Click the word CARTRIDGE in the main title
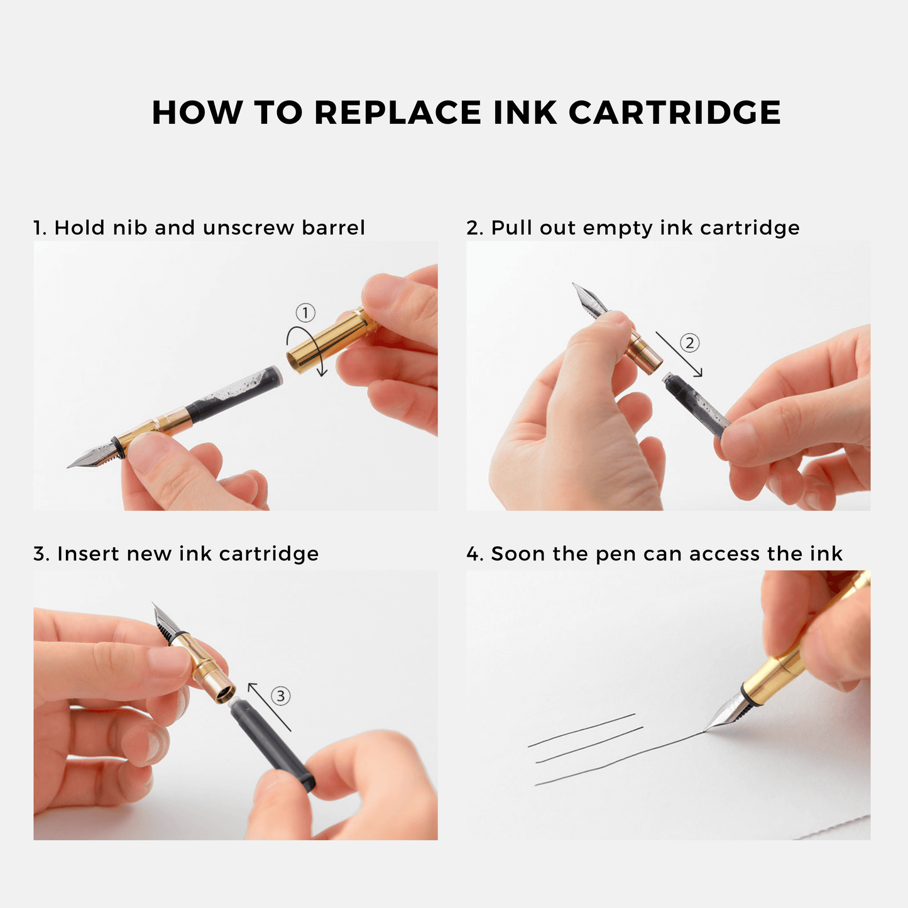coord(674,112)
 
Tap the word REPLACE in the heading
coord(398,112)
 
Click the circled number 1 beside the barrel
coord(305,313)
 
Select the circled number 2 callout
coord(689,342)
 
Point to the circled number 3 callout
coord(280,696)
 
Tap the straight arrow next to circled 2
coord(679,354)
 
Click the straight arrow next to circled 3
coord(269,707)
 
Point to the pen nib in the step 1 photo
coord(94,454)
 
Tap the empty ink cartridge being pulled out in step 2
coord(696,404)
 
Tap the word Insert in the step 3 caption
coord(88,554)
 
